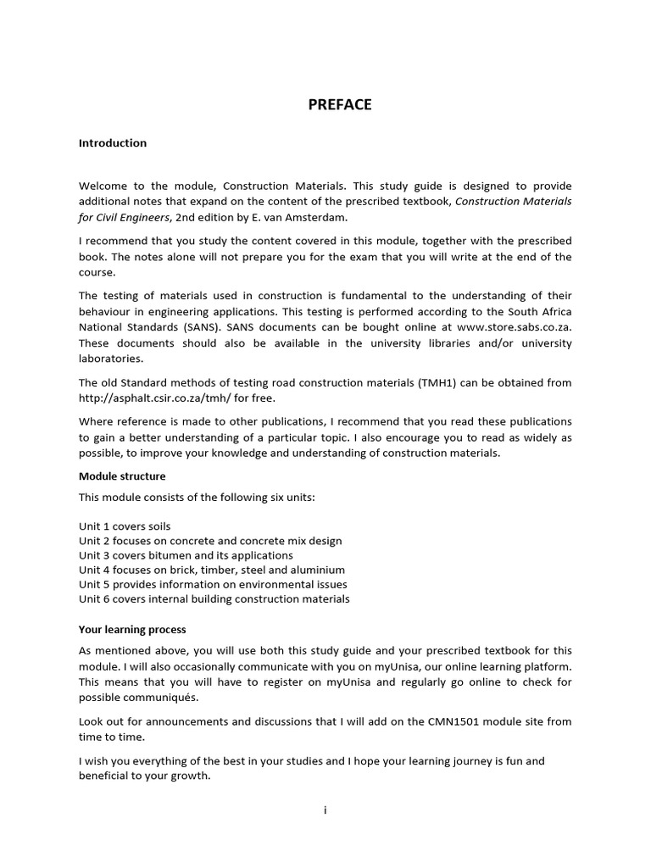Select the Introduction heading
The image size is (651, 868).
pyautogui.click(x=113, y=142)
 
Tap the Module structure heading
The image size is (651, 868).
pyautogui.click(x=122, y=476)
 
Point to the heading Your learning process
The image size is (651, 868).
pyautogui.click(x=132, y=630)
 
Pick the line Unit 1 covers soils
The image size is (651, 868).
pyautogui.click(x=125, y=526)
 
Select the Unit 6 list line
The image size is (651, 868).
pyautogui.click(x=214, y=598)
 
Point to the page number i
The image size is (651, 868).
pyautogui.click(x=325, y=810)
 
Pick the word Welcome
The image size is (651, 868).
pyautogui.click(x=103, y=186)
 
